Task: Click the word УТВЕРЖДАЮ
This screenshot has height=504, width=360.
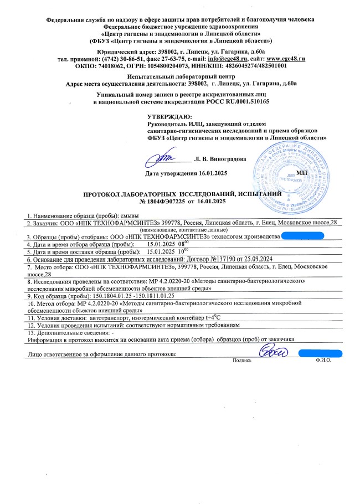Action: pyautogui.click(x=169, y=116)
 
